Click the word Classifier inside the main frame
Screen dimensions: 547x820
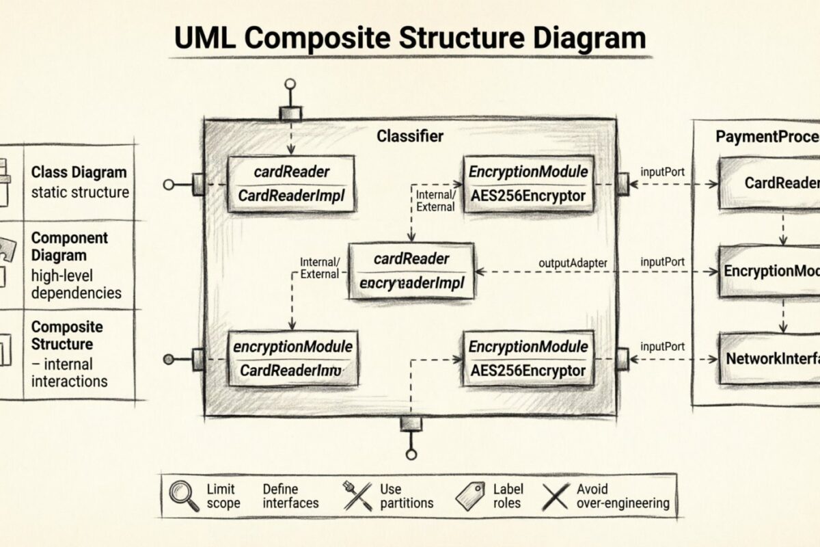point(410,136)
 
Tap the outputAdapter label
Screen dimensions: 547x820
point(573,262)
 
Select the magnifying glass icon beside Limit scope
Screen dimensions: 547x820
point(183,496)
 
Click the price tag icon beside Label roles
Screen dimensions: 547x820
point(470,495)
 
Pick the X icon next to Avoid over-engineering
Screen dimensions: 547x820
point(555,496)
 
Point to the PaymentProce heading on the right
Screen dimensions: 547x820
point(767,136)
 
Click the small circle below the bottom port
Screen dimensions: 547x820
point(411,454)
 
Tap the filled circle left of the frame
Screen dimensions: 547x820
point(168,359)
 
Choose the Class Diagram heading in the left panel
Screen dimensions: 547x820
point(79,172)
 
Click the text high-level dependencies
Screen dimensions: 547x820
point(76,284)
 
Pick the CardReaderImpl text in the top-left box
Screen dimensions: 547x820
point(292,196)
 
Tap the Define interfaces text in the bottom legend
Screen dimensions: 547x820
point(290,496)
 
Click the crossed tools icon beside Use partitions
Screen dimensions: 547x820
point(357,496)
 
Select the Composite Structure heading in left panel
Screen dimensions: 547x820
point(67,336)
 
